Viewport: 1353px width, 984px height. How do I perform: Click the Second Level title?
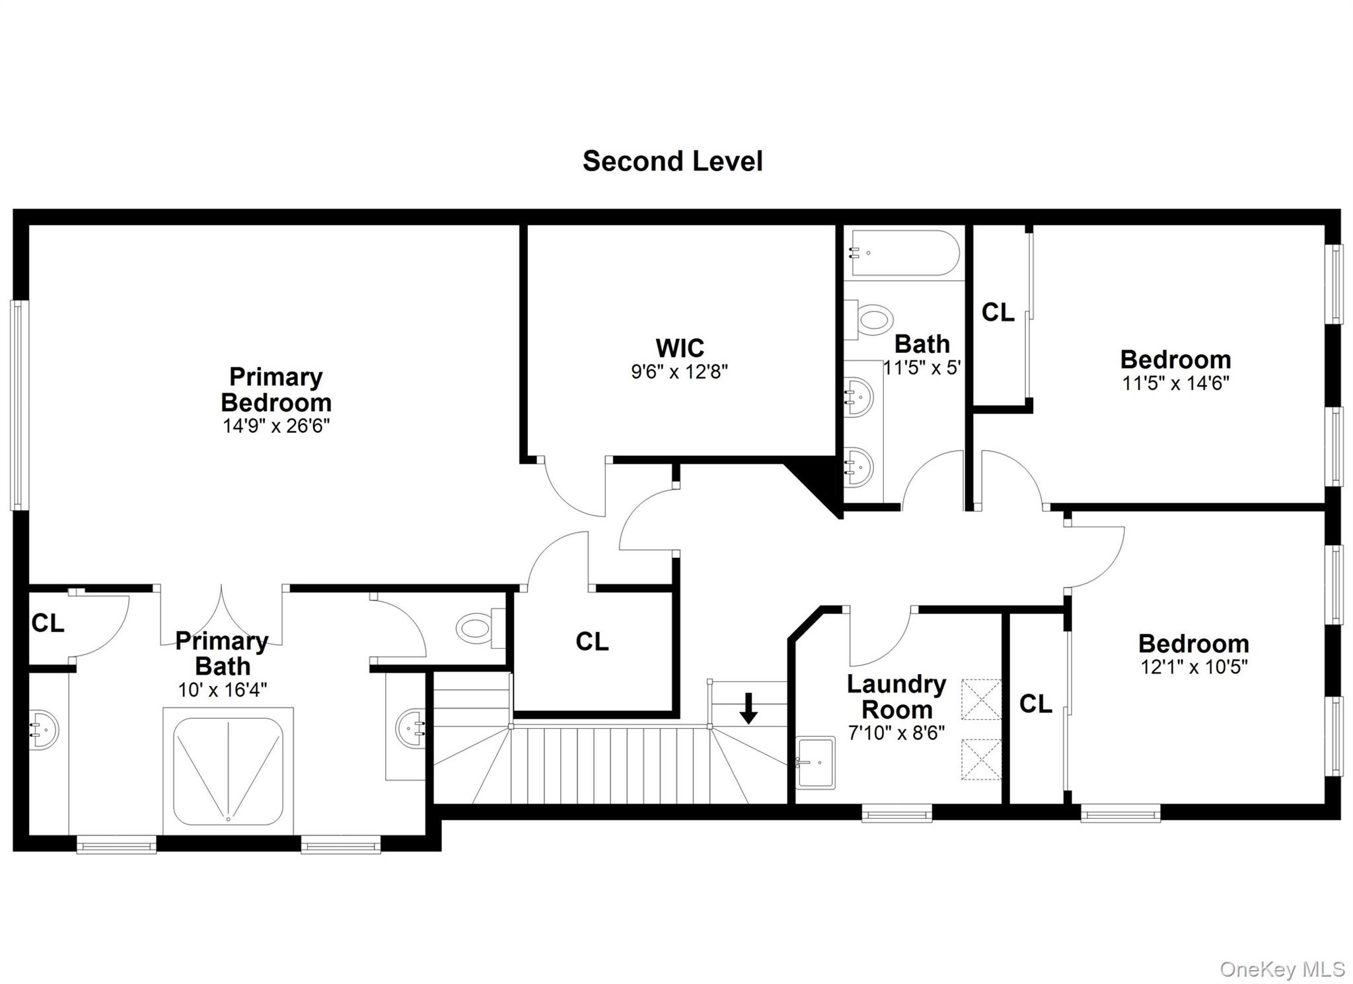(x=673, y=161)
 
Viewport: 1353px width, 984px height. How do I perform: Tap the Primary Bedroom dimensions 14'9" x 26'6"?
(x=276, y=426)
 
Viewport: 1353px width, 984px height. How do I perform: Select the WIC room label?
(x=679, y=348)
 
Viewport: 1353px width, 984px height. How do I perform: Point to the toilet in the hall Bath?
(x=871, y=320)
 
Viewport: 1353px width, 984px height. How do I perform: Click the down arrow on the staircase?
(x=748, y=708)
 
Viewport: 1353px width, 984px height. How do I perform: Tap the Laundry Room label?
(x=896, y=697)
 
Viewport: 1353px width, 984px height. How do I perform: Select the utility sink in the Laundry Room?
(x=815, y=762)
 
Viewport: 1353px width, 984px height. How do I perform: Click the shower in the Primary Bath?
(x=228, y=771)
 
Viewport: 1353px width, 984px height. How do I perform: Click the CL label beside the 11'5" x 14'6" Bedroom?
(x=998, y=313)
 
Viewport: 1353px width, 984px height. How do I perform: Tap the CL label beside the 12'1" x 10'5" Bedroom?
(x=1035, y=704)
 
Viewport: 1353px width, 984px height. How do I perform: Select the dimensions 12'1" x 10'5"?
(x=1194, y=667)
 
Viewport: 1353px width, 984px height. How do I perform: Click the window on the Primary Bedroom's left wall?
(x=19, y=405)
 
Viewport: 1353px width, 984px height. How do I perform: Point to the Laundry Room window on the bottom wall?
(x=896, y=813)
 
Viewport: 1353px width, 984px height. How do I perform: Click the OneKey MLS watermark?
(x=1282, y=969)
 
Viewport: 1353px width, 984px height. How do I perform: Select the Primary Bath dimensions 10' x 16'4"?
(x=222, y=690)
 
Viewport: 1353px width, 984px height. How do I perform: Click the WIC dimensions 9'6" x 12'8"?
(x=679, y=372)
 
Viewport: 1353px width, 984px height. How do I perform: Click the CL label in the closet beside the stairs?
(x=591, y=641)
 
